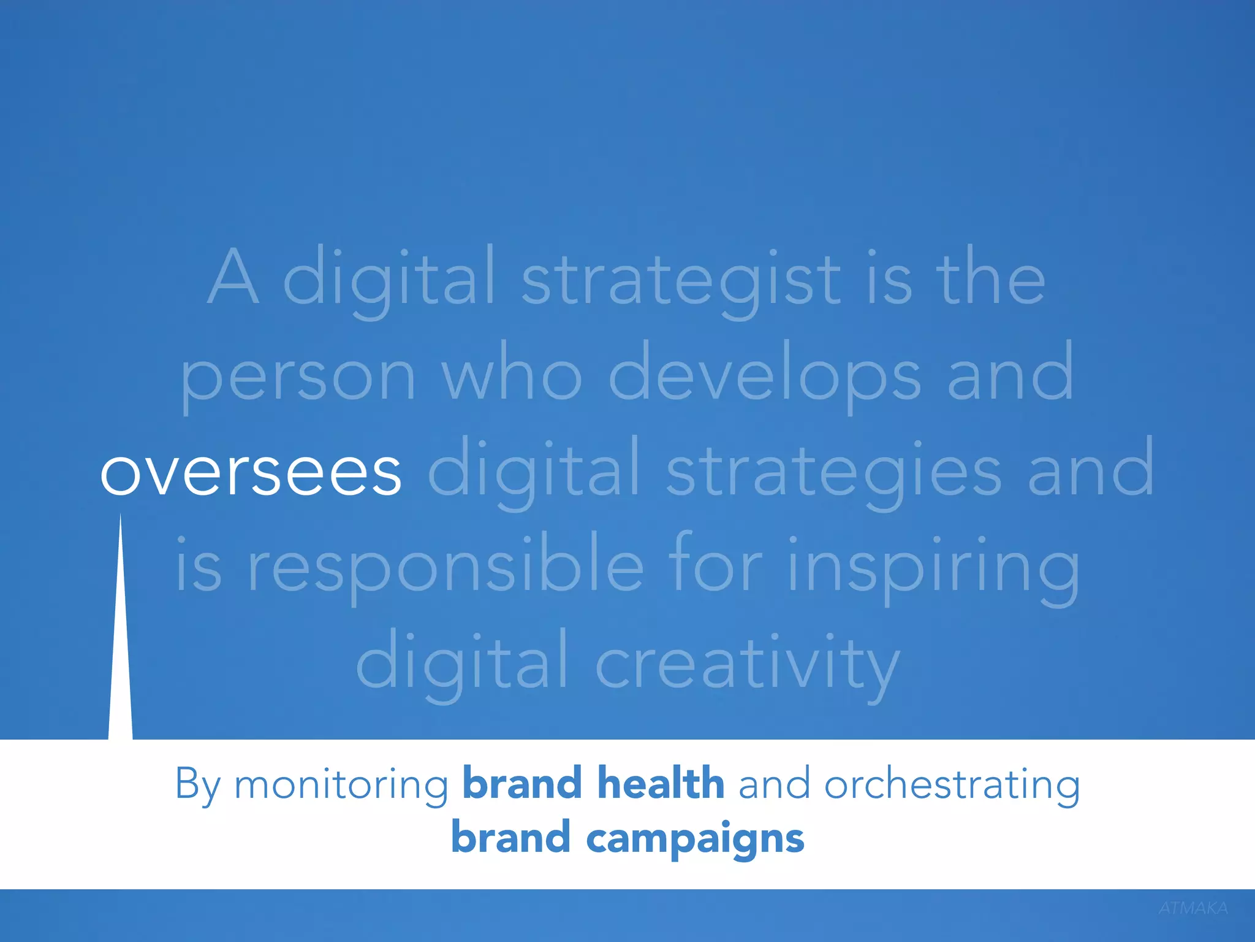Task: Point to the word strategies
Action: coord(833,473)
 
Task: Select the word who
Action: coord(512,375)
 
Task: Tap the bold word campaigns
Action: coord(695,839)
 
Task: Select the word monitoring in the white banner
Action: coord(341,785)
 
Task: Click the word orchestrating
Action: coord(952,785)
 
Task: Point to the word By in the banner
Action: coord(197,785)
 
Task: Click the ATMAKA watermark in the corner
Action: coord(1192,908)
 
